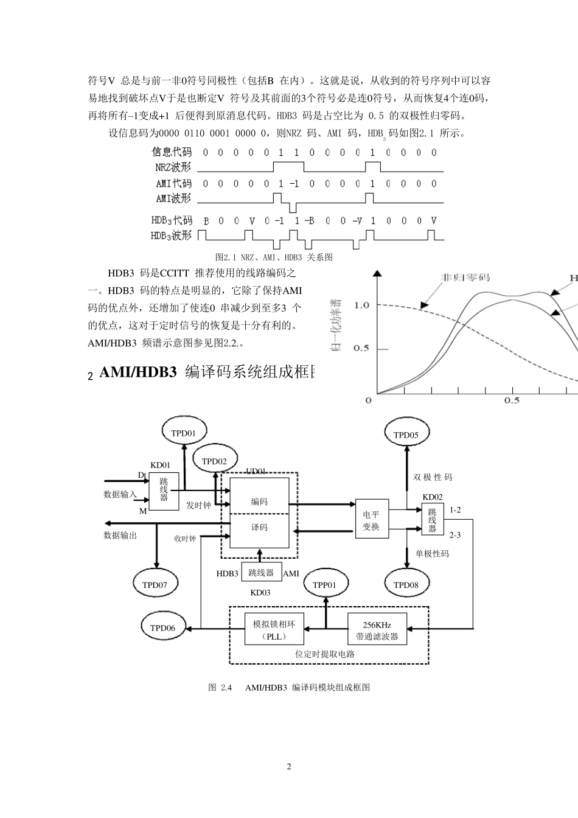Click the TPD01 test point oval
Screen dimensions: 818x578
click(183, 433)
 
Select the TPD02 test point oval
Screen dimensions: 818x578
click(214, 461)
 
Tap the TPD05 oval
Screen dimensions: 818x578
click(406, 435)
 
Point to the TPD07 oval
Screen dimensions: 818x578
click(155, 585)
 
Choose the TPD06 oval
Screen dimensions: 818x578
click(162, 628)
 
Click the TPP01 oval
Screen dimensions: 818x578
click(324, 585)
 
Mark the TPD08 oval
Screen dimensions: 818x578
click(406, 585)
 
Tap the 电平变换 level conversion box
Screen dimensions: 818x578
click(371, 520)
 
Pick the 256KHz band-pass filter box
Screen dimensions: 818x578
click(377, 631)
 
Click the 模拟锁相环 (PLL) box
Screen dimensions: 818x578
click(274, 631)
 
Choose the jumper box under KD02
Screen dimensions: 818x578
click(433, 520)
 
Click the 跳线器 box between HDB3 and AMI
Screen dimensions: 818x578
click(262, 572)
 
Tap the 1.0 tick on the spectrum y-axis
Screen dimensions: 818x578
click(362, 305)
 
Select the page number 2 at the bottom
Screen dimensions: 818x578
click(289, 766)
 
